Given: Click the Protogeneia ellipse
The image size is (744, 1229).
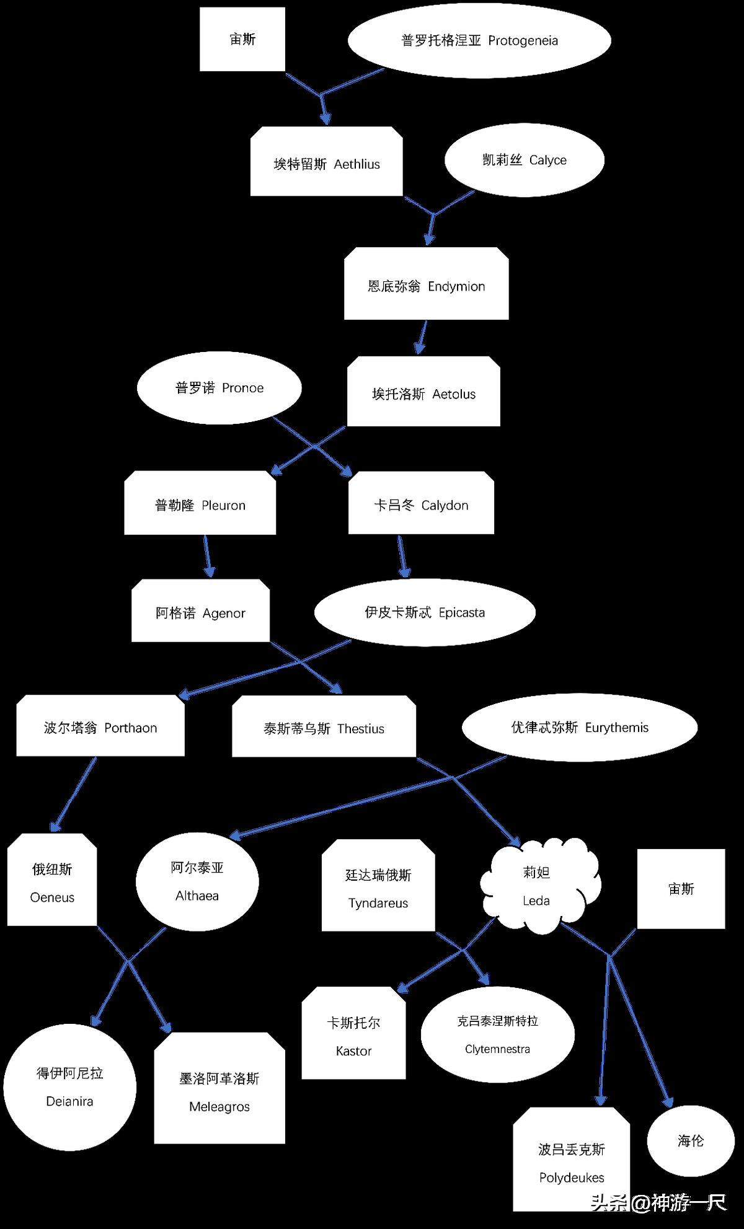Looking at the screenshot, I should pos(479,41).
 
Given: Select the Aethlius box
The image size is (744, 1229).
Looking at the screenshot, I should pos(327,162).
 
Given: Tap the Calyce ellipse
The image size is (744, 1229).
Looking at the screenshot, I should pos(525,160).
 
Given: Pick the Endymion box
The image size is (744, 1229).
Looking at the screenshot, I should pos(427,284).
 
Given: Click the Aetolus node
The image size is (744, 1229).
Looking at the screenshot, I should pos(423,392).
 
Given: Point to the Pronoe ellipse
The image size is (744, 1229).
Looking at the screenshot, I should pos(219,388).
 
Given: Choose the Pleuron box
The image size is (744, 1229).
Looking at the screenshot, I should pos(200,503).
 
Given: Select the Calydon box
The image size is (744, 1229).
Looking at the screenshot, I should pos(421,503).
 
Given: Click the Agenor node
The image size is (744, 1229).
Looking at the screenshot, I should pos(200,611).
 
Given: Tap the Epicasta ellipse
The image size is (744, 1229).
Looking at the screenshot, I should pos(425,612).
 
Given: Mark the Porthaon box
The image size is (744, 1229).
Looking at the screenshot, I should pos(100,726).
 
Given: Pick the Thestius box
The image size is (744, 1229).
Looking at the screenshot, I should pos(324,726).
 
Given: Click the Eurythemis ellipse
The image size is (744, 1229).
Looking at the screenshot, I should pos(580,727).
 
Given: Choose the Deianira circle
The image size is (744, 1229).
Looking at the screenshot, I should pos(69,1087).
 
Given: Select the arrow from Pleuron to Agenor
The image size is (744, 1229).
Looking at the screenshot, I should pos(208,556).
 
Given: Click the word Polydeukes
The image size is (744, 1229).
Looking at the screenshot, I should pos(572,1178).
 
